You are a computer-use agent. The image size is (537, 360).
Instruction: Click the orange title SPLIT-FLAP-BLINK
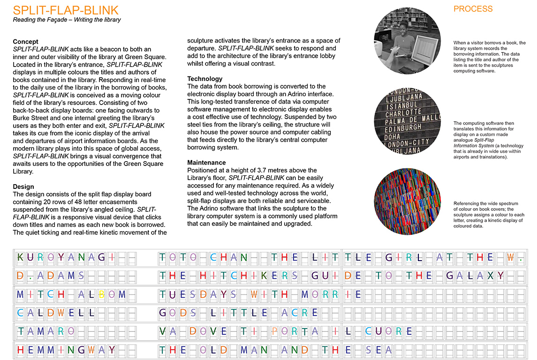click(66, 10)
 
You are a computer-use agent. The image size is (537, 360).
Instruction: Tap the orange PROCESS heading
click(473, 9)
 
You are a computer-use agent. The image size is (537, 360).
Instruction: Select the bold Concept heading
click(25, 42)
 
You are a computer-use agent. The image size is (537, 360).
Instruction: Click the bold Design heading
click(23, 187)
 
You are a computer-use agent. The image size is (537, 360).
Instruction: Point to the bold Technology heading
click(205, 79)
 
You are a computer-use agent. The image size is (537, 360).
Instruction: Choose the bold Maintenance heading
click(206, 162)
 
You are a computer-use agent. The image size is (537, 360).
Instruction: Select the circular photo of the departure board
click(407, 120)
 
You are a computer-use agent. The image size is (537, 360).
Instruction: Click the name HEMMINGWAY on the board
click(66, 350)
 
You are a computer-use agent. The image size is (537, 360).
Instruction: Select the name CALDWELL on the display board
click(56, 313)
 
